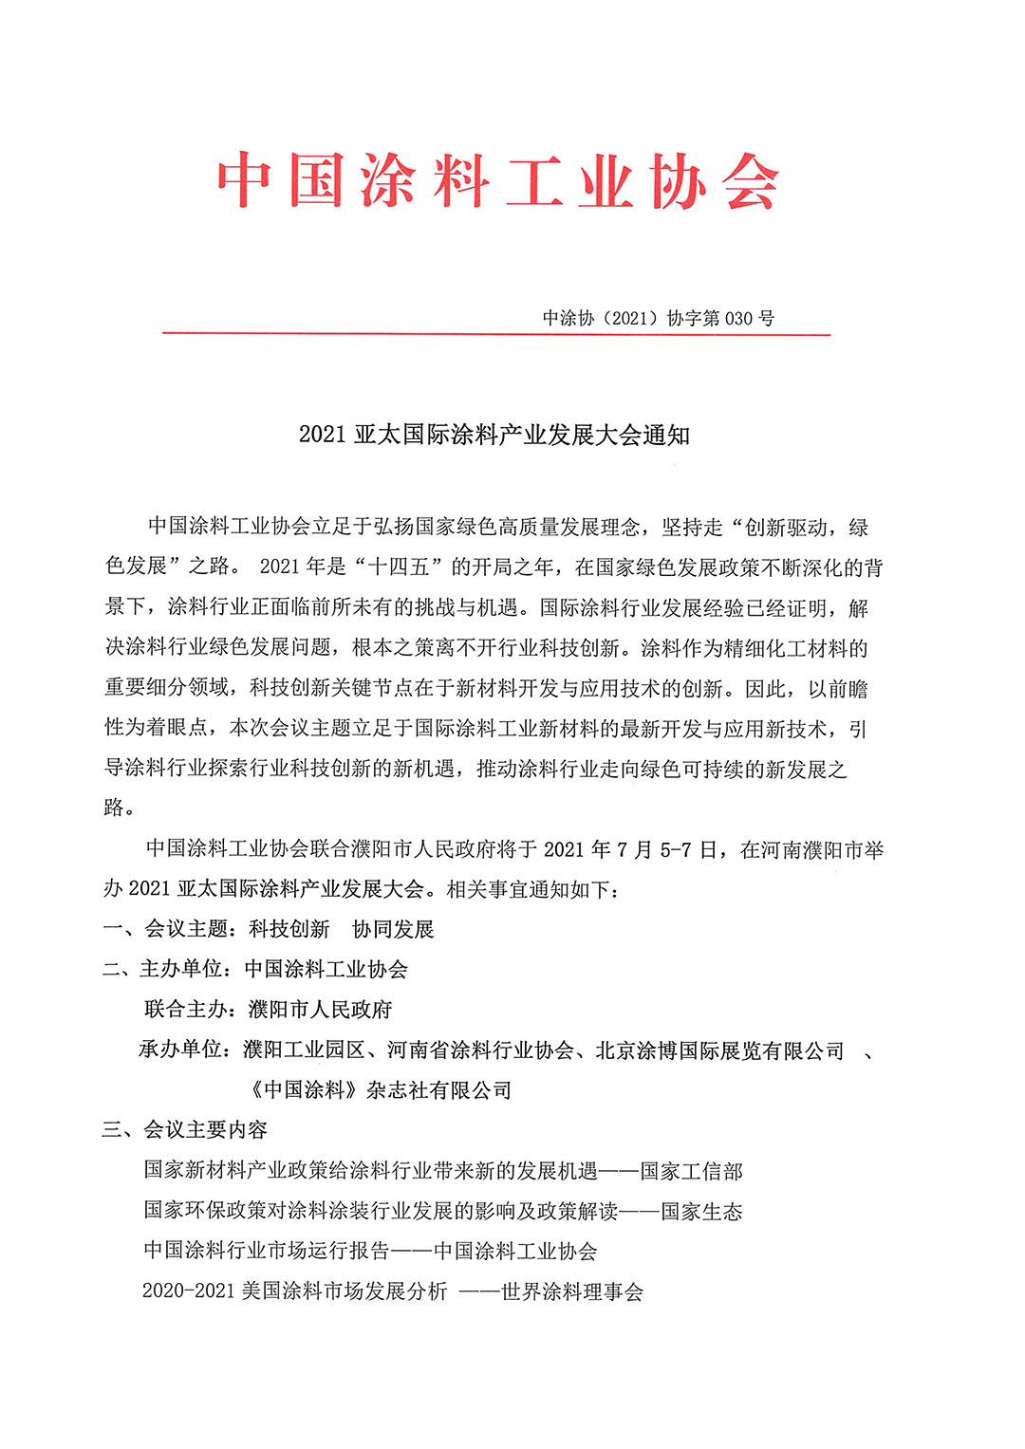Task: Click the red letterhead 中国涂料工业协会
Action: coord(497,180)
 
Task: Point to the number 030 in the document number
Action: coord(738,319)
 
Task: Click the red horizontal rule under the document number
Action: coord(496,334)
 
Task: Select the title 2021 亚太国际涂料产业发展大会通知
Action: coord(494,436)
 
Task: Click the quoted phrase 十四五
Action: coord(399,567)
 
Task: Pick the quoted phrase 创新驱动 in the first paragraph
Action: coord(786,528)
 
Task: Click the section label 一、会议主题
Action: coord(166,929)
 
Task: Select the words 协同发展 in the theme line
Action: coord(393,929)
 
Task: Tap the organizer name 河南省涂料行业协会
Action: coord(480,1050)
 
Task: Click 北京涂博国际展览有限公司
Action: coord(719,1050)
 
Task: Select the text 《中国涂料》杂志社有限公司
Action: coord(379,1090)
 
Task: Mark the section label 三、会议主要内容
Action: coord(185,1130)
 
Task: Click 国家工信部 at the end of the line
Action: coord(691,1171)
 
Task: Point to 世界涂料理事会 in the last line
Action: coord(572,1291)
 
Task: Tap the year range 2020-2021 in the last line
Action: coord(187,1291)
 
